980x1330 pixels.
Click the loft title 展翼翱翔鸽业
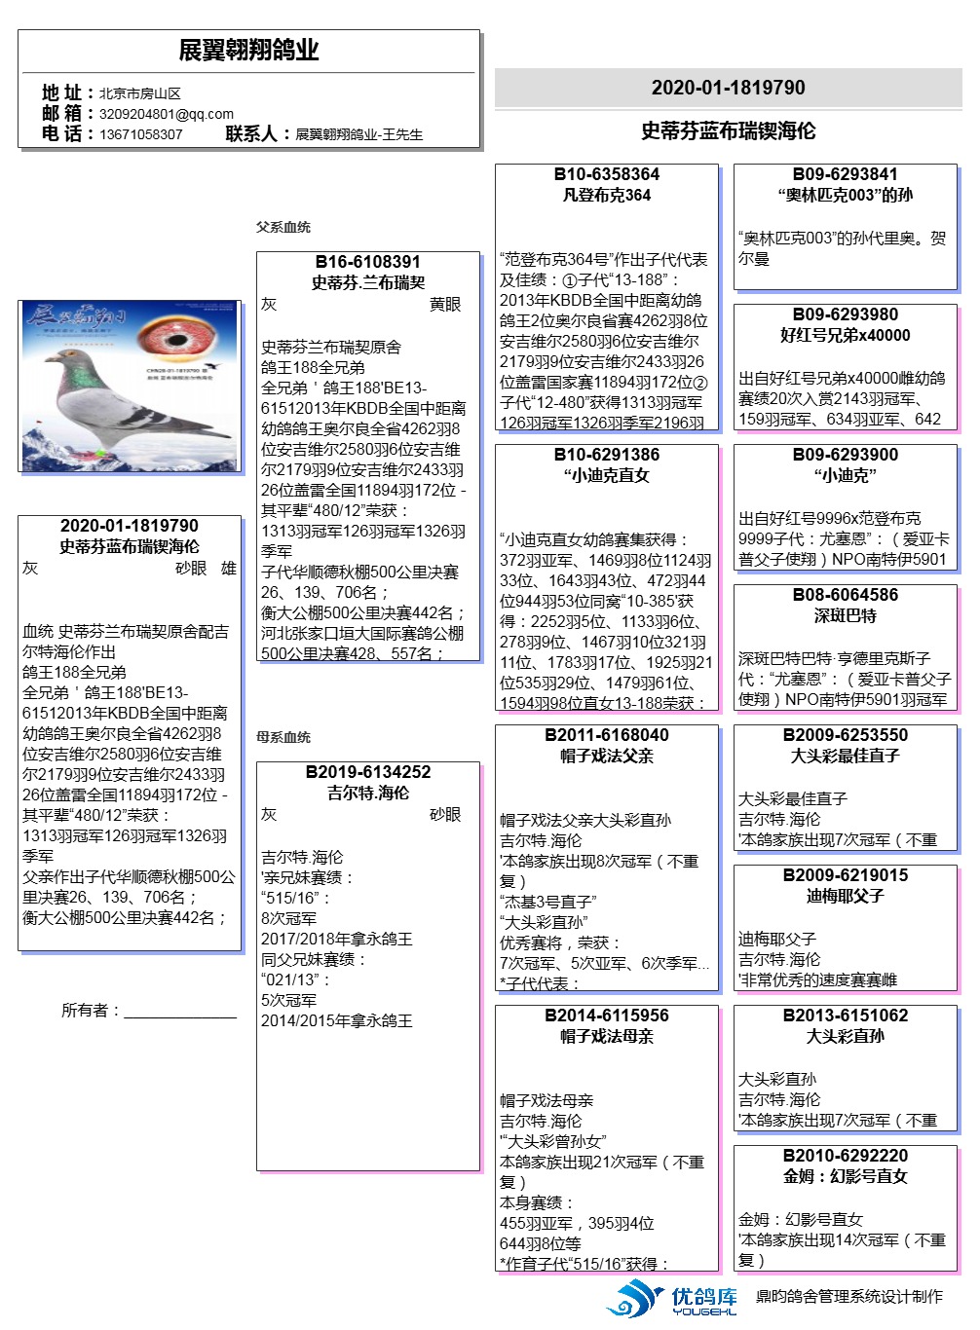[x=248, y=51]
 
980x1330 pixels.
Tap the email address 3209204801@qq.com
[x=167, y=114]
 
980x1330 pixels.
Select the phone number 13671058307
[x=141, y=134]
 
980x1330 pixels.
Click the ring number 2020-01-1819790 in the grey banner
[x=728, y=88]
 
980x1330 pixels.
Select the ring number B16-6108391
[x=367, y=262]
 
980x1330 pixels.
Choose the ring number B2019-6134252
[x=367, y=772]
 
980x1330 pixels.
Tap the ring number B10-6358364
[x=606, y=174]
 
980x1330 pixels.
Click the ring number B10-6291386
[x=606, y=455]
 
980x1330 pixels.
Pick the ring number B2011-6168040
[x=606, y=735]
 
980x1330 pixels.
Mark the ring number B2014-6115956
[x=606, y=1016]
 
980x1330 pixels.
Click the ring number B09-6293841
[x=845, y=174]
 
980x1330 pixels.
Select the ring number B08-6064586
[x=845, y=595]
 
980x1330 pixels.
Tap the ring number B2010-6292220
[x=845, y=1156]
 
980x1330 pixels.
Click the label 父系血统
[x=283, y=227]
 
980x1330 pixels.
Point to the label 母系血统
[x=283, y=737]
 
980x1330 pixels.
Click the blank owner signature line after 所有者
[x=180, y=1013]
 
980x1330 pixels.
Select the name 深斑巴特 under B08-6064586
[x=845, y=615]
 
